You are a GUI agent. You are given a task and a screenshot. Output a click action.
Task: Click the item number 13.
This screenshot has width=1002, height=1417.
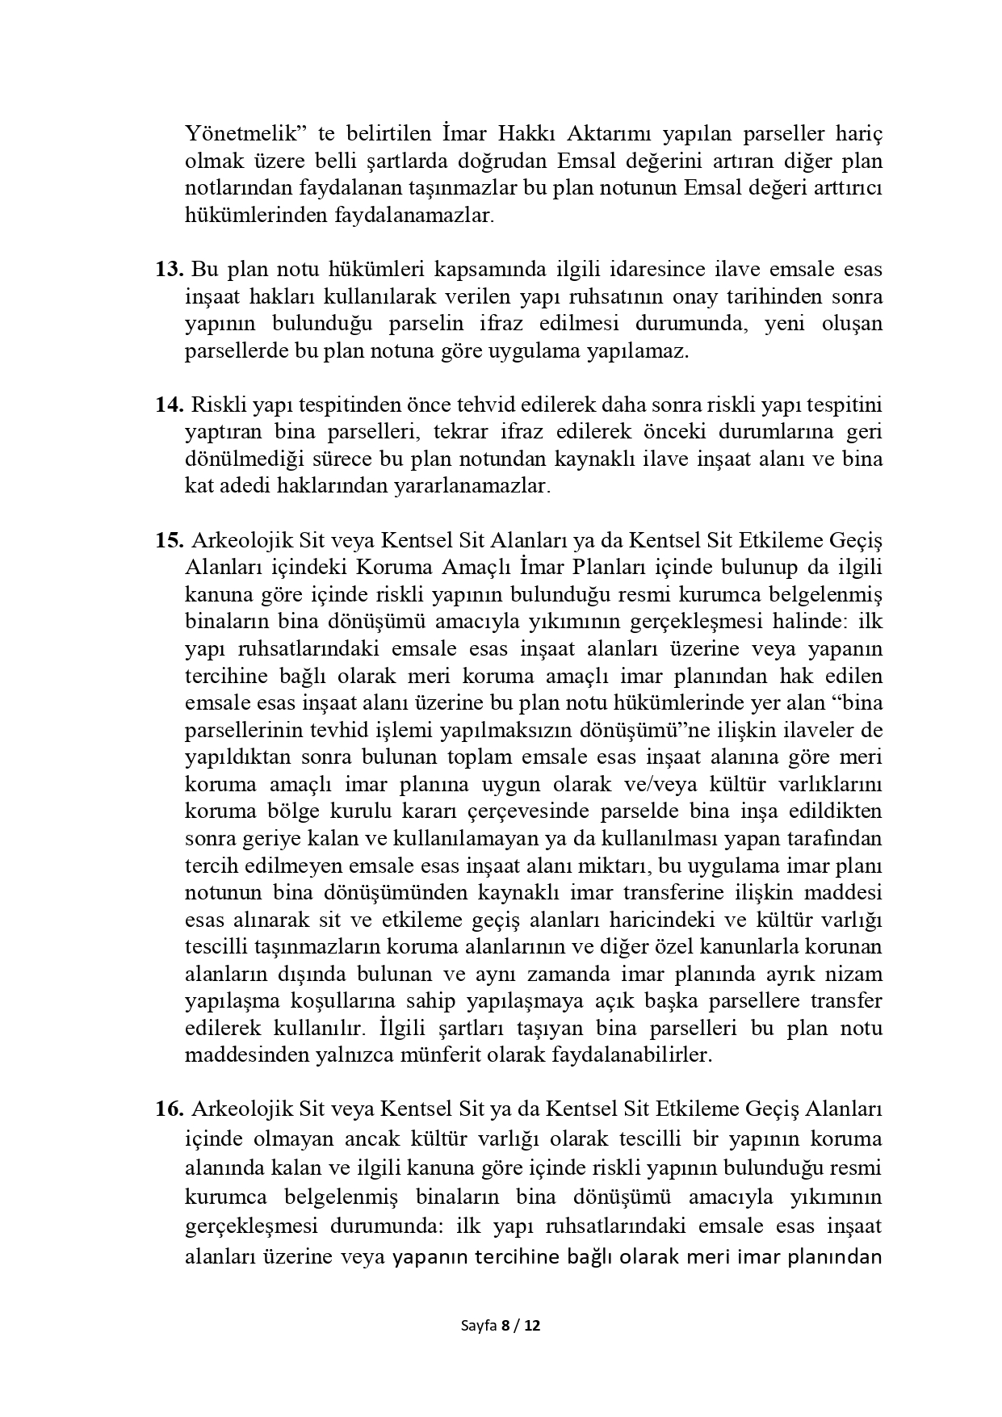pyautogui.click(x=170, y=269)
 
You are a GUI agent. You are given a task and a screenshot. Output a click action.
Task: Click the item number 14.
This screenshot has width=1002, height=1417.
pyautogui.click(x=170, y=404)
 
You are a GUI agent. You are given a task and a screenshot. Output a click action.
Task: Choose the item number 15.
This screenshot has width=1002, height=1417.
pyautogui.click(x=170, y=539)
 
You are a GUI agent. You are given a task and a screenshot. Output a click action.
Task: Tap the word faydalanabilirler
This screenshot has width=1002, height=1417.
pyautogui.click(x=631, y=1055)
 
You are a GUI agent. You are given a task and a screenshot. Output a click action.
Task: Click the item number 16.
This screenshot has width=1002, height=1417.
pyautogui.click(x=170, y=1109)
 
